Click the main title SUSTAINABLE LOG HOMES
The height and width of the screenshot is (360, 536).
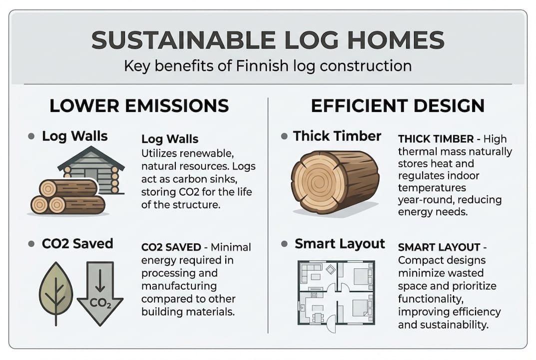pos(268,40)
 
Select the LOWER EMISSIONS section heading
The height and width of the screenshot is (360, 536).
pos(139,106)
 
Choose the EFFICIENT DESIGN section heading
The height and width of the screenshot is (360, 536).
pos(398,106)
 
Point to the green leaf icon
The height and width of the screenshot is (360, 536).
pos(55,294)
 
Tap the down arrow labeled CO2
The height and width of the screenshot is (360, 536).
pos(100,294)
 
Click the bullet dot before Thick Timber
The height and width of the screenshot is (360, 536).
pos(284,136)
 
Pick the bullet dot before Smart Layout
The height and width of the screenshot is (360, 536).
pos(285,244)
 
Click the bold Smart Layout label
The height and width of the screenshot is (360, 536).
pos(340,244)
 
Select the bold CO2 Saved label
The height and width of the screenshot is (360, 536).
pos(77,244)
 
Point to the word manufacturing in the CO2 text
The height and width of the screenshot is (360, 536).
pos(179,286)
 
